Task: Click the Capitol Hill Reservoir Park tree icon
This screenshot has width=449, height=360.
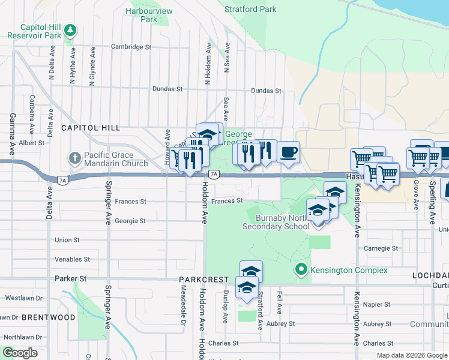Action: pos(71,29)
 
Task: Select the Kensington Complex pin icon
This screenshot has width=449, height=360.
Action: pos(303,271)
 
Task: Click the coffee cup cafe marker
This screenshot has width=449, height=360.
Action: pos(288,152)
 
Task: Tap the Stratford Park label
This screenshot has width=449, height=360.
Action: pos(250,9)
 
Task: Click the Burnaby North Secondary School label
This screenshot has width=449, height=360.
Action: pos(275,222)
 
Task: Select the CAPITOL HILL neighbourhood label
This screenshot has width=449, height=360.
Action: pos(91,128)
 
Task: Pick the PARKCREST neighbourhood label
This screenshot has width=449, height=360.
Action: pos(203,280)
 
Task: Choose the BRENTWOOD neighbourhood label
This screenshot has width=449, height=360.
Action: pos(53,317)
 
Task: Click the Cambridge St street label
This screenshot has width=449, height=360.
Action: pos(131,46)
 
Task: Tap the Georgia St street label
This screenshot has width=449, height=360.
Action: pos(130,221)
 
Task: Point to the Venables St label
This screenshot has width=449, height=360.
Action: pos(72,259)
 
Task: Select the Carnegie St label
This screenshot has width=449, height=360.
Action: pos(381,248)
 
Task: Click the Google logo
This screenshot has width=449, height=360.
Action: pos(20,353)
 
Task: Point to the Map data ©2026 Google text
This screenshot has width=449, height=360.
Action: pos(411,355)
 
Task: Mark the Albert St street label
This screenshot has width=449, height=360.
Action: pos(31,143)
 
